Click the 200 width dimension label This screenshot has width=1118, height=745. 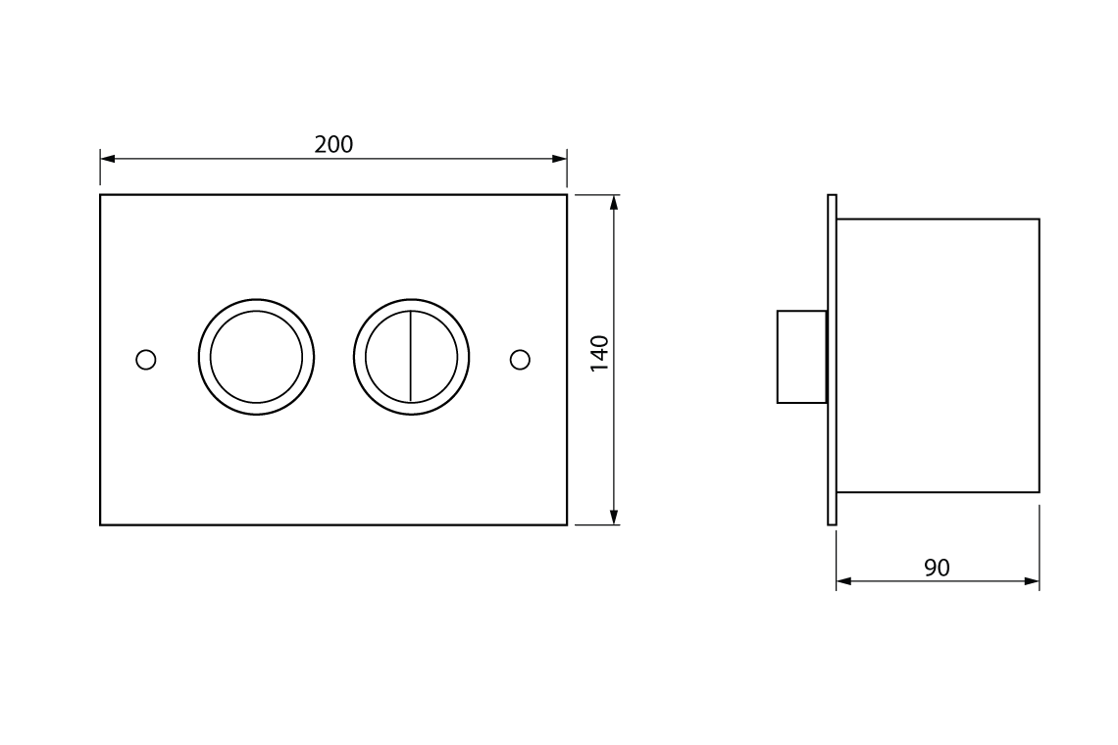[x=333, y=145]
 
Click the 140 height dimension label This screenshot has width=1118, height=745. [x=600, y=353]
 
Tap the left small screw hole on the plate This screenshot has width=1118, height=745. [x=146, y=360]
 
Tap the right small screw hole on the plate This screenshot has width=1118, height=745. [x=521, y=360]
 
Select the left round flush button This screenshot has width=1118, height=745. [x=257, y=357]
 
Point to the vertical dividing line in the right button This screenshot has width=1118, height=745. [x=411, y=357]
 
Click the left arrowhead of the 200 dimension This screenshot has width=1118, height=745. [x=107, y=158]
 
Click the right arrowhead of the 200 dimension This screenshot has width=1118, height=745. [x=560, y=158]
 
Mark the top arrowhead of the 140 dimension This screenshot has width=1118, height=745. [x=614, y=202]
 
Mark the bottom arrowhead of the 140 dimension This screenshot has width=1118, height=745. [x=614, y=518]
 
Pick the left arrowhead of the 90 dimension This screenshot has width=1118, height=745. [x=843, y=581]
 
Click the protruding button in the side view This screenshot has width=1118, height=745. [x=801, y=357]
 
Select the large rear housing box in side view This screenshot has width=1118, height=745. [x=938, y=356]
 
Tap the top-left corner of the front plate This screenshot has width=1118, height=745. [x=101, y=195]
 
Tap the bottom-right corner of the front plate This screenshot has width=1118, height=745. [x=567, y=524]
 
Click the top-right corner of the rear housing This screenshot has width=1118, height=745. [x=1039, y=220]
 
